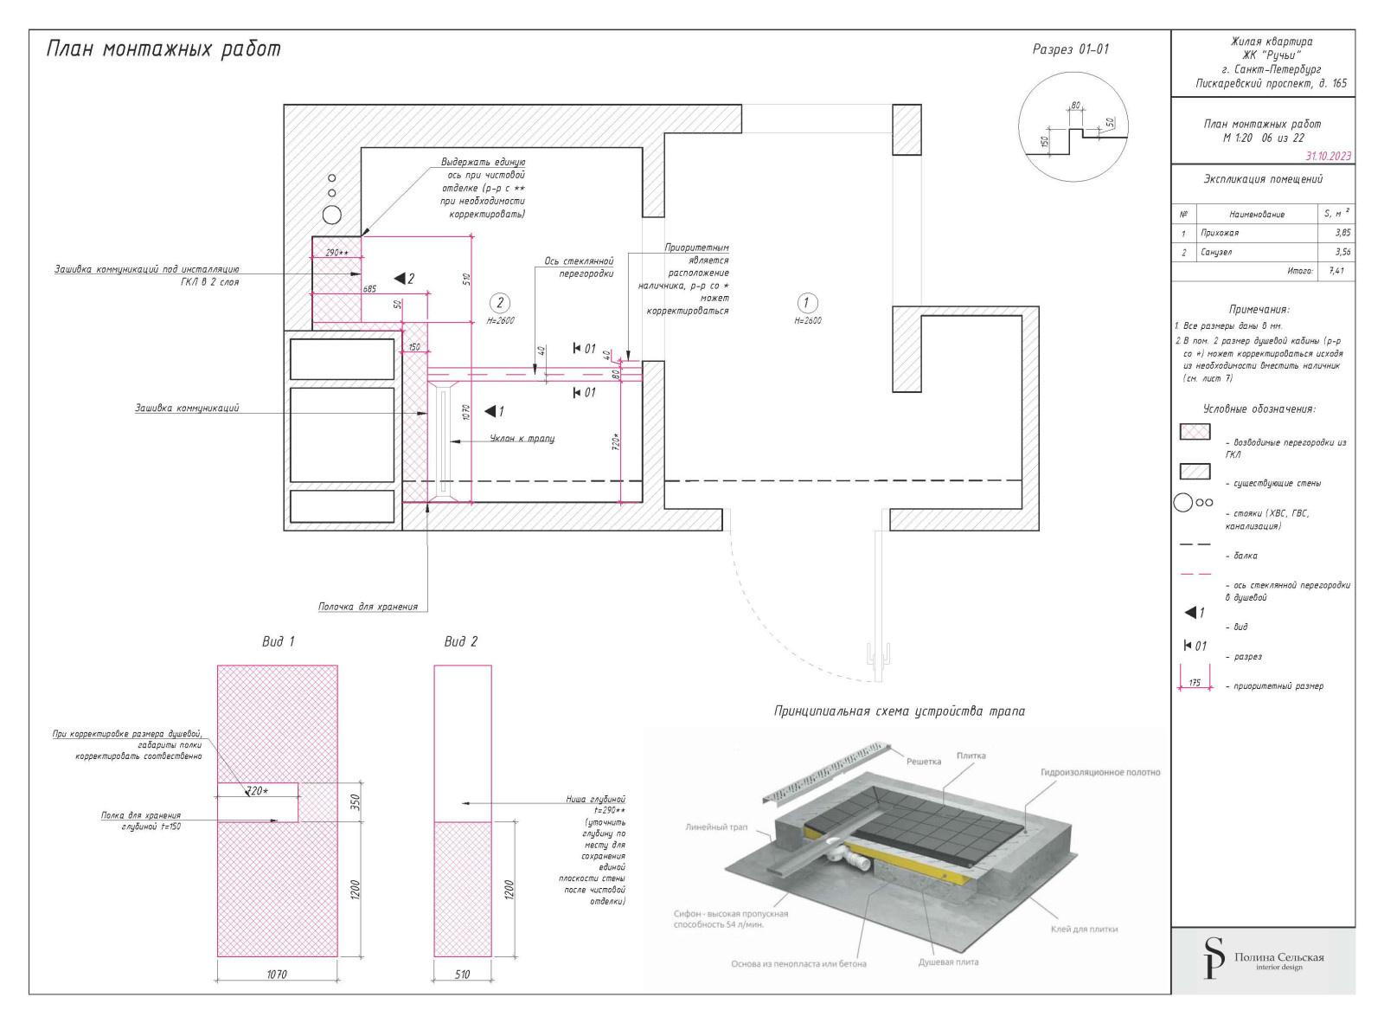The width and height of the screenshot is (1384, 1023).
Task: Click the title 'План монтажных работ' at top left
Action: tap(163, 49)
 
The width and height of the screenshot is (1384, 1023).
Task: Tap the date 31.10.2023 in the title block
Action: tap(1328, 157)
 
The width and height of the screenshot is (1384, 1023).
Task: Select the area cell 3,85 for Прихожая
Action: tap(1342, 233)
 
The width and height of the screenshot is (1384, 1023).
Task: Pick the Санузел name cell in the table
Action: tap(1216, 253)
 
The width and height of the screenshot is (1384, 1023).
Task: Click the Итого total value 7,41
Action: tap(1336, 271)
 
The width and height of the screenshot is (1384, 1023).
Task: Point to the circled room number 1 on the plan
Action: tap(806, 303)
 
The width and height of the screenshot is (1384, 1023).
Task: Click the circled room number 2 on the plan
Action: tap(500, 303)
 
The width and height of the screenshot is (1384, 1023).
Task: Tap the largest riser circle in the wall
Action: tap(332, 215)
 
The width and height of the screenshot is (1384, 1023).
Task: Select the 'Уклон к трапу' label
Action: tap(522, 439)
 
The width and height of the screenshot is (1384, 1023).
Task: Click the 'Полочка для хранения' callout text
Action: tap(368, 607)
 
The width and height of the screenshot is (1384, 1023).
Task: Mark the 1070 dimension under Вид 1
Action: tap(277, 975)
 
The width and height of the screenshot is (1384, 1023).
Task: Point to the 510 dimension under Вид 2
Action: tap(463, 975)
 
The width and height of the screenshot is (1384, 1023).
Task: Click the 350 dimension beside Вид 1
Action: tap(355, 802)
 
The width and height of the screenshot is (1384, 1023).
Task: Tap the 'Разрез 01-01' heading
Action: tap(1070, 49)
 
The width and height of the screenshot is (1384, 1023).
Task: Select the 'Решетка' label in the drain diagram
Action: tap(923, 762)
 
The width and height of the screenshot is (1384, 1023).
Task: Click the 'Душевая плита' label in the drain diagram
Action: tap(948, 962)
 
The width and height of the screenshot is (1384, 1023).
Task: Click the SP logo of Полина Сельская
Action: tap(1214, 957)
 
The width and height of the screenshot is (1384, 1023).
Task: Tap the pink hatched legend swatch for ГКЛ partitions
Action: tap(1195, 432)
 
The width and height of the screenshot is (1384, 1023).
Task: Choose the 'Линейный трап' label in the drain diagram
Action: tap(716, 827)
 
